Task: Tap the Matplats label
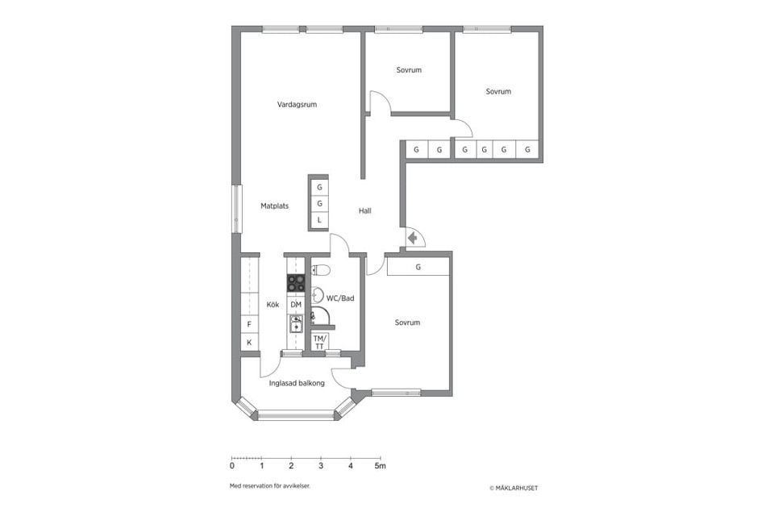[x=274, y=206]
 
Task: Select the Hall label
[x=365, y=210]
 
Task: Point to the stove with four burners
[x=296, y=282]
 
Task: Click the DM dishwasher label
[x=296, y=305]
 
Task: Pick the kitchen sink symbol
[x=296, y=324]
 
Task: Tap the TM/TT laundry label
[x=319, y=342]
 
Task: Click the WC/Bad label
[x=340, y=298]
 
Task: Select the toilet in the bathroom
[x=320, y=270]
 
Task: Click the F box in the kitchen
[x=249, y=324]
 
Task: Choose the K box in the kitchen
[x=249, y=343]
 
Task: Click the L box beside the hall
[x=319, y=220]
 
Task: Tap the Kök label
[x=273, y=305]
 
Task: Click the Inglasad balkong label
[x=297, y=383]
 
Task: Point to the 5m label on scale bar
[x=380, y=466]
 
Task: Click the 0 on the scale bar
[x=232, y=466]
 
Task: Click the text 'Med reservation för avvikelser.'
[x=270, y=486]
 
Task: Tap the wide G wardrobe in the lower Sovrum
[x=418, y=267]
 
